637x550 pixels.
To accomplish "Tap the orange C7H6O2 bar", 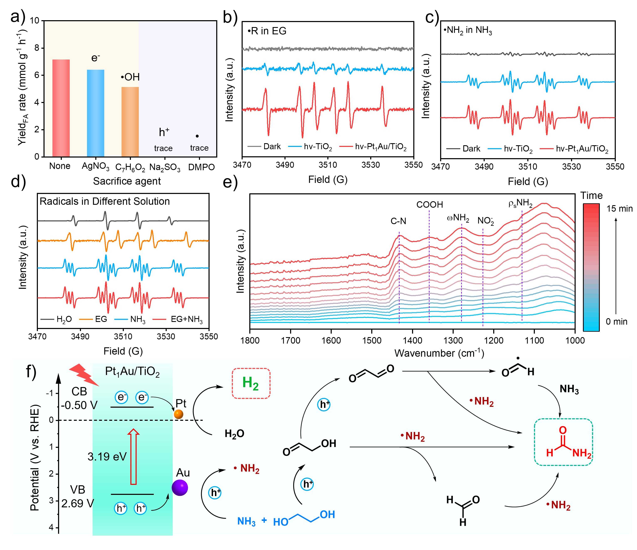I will coord(130,122).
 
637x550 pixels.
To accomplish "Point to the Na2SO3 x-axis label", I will coord(165,168).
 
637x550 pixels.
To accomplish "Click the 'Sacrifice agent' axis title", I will coord(127,181).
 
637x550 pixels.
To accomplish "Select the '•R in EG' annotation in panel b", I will coord(267,31).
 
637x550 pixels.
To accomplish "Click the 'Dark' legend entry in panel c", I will coord(471,149).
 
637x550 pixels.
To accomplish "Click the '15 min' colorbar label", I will coord(619,209).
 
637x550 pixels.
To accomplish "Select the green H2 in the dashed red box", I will coord(250,383).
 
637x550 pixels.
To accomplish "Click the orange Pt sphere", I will coord(178,414).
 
